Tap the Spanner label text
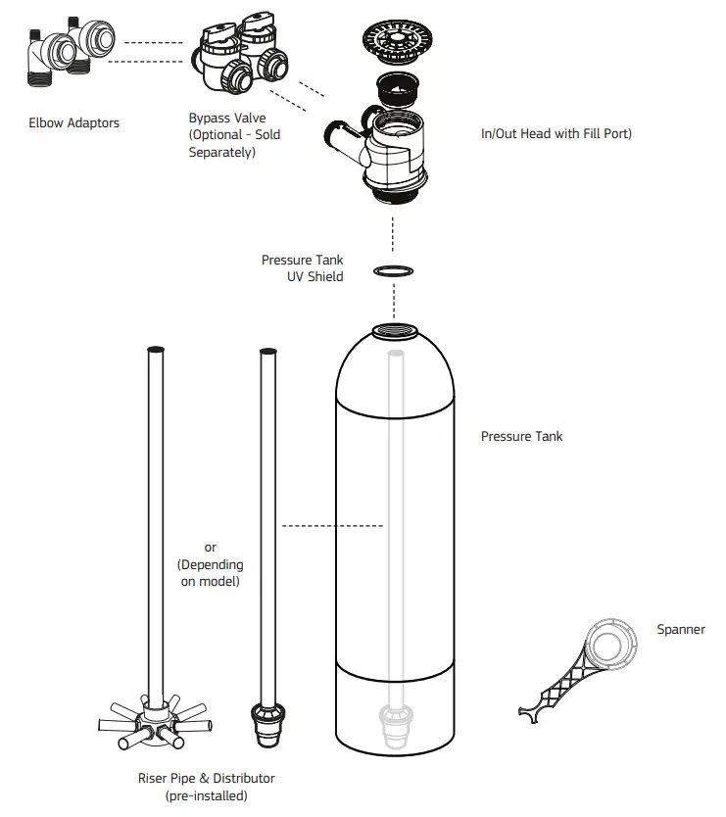point(680,630)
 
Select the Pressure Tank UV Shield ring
point(393,270)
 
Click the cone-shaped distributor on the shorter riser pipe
point(266,722)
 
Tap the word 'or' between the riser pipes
point(210,548)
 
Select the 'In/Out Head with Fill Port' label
point(556,133)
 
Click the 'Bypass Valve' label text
point(226,118)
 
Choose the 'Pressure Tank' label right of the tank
point(521,436)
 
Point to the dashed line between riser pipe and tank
point(332,526)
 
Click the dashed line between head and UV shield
point(393,231)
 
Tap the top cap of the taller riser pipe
point(153,351)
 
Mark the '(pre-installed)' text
point(206,795)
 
